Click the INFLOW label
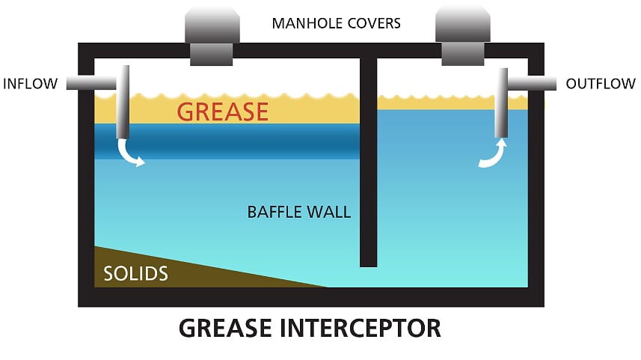pyautogui.click(x=30, y=83)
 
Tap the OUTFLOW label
pyautogui.click(x=601, y=83)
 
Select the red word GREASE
pyautogui.click(x=222, y=112)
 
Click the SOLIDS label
pyautogui.click(x=136, y=273)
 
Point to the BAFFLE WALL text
pyautogui.click(x=298, y=212)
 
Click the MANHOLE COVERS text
pyautogui.click(x=336, y=23)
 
